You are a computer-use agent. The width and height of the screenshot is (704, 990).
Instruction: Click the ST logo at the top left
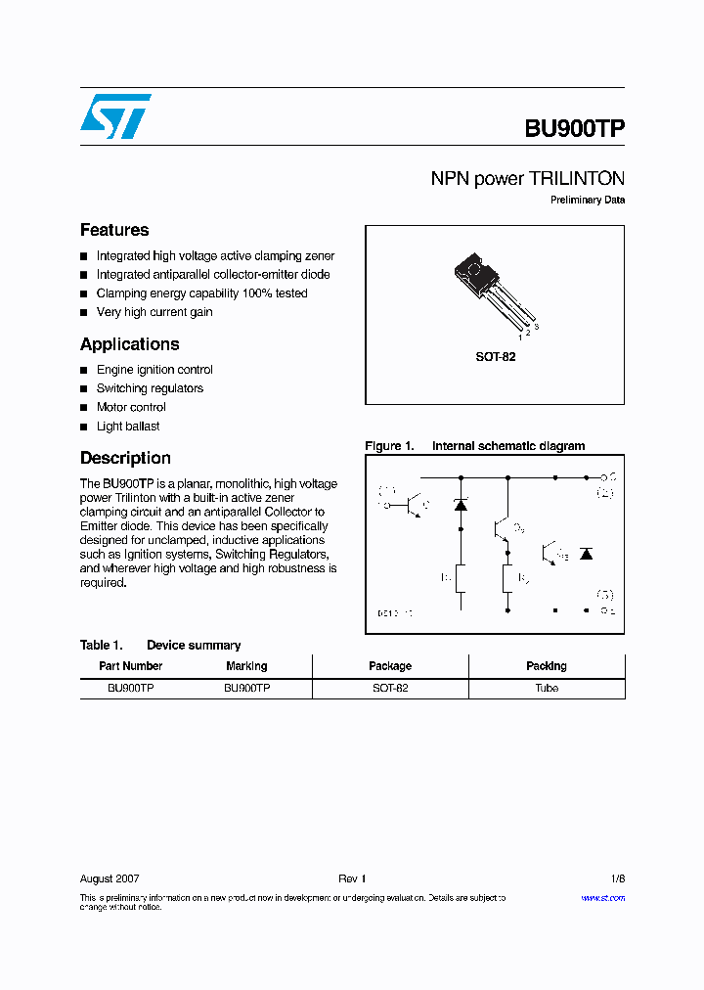pyautogui.click(x=114, y=116)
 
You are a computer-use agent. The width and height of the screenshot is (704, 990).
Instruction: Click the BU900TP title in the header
pyautogui.click(x=574, y=129)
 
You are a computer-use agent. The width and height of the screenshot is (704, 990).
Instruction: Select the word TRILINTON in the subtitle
pyautogui.click(x=576, y=179)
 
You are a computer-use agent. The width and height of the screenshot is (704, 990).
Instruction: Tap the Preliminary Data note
pyautogui.click(x=587, y=201)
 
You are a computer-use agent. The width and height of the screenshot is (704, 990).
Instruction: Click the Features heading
pyautogui.click(x=114, y=230)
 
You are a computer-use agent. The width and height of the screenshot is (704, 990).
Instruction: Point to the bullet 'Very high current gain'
pyautogui.click(x=154, y=312)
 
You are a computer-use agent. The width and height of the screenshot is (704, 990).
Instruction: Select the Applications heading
pyautogui.click(x=129, y=344)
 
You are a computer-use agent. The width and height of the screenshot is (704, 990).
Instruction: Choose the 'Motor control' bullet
pyautogui.click(x=131, y=407)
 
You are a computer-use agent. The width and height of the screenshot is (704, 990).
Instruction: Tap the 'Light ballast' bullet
pyautogui.click(x=127, y=427)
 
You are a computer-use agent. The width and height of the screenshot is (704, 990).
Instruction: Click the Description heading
pyautogui.click(x=125, y=458)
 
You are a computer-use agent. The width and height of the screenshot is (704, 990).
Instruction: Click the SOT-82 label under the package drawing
pyautogui.click(x=495, y=357)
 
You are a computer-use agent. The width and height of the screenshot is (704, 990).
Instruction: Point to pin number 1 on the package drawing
pyautogui.click(x=519, y=337)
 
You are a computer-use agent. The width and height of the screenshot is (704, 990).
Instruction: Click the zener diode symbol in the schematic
pyautogui.click(x=461, y=505)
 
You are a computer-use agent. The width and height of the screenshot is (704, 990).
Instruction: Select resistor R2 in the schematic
pyautogui.click(x=507, y=579)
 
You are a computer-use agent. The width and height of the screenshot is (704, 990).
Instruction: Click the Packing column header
pyautogui.click(x=546, y=666)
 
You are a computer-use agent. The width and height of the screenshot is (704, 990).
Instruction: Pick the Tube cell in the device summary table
pyautogui.click(x=546, y=689)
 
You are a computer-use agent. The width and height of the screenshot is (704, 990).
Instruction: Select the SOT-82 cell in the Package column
pyautogui.click(x=390, y=689)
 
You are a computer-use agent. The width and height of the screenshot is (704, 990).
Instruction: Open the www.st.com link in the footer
pyautogui.click(x=602, y=898)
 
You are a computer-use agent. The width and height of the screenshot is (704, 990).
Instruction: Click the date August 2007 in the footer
pyautogui.click(x=110, y=878)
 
